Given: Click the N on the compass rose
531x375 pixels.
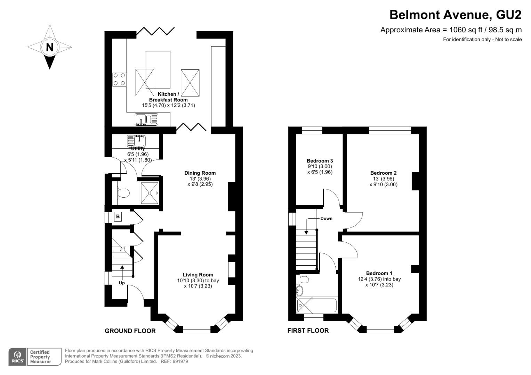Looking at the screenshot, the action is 49,47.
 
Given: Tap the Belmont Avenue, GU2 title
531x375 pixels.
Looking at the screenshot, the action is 456,15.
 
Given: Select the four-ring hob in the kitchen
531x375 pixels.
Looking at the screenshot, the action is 119,79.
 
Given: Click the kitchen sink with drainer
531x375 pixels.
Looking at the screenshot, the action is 146,119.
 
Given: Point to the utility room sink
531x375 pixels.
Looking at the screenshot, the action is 136,141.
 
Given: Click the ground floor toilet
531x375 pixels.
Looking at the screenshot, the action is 123,193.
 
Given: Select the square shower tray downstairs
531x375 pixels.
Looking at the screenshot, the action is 149,193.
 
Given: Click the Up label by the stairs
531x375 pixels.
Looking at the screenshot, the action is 122,283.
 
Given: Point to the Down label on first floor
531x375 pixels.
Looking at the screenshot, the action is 326,218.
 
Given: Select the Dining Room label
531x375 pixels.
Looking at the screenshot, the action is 200,173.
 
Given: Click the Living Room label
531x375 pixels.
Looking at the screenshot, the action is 198,275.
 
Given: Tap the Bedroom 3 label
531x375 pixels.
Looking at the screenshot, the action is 320,161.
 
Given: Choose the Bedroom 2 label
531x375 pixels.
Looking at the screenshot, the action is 383,173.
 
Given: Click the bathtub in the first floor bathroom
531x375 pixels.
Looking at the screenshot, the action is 316,306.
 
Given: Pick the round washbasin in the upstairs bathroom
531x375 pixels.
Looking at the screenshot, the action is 300,291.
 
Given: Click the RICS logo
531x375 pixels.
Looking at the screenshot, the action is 17,357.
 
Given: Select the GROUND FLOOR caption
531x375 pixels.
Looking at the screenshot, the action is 130,331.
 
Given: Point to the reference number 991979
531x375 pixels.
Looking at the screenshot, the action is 180,361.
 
